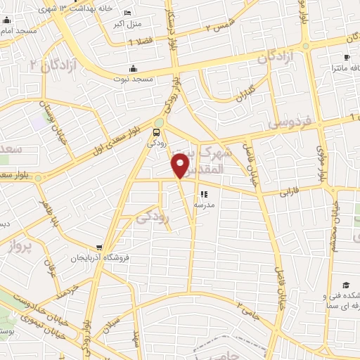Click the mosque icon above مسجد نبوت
134,68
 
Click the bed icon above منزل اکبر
127,13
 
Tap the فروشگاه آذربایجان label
99,258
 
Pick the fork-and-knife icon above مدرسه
204,195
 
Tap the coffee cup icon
347,57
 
